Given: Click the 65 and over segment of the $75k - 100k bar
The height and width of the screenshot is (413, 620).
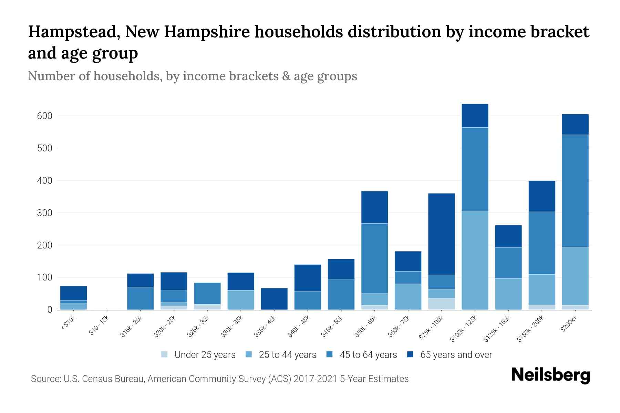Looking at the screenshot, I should coord(441,234).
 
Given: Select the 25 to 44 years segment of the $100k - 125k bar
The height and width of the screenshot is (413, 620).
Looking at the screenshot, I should coord(475,260).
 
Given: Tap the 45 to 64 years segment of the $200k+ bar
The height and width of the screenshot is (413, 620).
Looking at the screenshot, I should coord(575,191).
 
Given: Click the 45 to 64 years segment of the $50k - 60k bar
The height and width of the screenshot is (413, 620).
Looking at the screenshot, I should coord(374,258).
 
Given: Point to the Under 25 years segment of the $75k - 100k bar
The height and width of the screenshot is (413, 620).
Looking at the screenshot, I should coord(441,304).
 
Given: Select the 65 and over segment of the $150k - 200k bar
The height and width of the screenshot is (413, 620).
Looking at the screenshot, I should coord(542,196).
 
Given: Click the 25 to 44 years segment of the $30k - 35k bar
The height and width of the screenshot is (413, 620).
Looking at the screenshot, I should coord(241,300).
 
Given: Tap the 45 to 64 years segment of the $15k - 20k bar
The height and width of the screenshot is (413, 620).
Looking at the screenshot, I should coord(140,298).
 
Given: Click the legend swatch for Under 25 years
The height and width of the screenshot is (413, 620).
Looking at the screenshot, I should coord(165,354).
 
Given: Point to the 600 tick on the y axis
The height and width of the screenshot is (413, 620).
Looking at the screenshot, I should coord(45,116).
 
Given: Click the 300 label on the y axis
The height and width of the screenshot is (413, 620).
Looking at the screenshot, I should coord(45,213).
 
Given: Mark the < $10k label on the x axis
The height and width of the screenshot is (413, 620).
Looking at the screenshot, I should coord(68,324).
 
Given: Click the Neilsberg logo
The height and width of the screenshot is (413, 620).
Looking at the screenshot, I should coord(550,375).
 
